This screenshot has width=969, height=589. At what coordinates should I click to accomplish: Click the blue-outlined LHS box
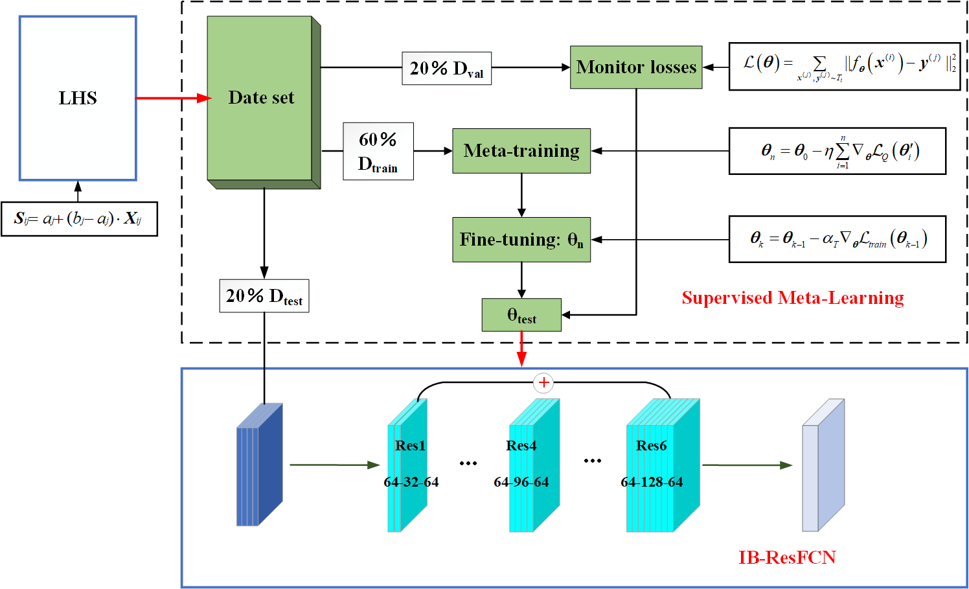(78, 98)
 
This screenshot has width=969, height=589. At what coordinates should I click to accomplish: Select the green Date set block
(260, 98)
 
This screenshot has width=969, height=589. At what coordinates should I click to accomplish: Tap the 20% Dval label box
(446, 68)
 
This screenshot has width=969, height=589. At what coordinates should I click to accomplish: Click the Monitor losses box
(636, 67)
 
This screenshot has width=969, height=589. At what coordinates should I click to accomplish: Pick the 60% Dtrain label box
(378, 151)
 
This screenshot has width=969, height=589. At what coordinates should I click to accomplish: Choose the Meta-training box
(521, 151)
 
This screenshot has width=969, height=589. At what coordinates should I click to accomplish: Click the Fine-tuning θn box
(521, 240)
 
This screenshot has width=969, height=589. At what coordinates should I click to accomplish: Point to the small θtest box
(521, 315)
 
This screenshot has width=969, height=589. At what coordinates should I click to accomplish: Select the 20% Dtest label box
(264, 296)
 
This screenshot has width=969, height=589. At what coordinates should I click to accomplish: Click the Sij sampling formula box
(79, 218)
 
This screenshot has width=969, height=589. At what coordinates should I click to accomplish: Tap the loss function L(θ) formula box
(844, 66)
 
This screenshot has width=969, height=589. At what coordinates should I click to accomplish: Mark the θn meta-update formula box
(837, 151)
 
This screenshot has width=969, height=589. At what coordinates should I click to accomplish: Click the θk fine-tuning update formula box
(837, 240)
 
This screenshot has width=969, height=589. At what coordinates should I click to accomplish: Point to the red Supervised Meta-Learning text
(792, 297)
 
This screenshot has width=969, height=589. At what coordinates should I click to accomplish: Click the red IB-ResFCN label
(787, 557)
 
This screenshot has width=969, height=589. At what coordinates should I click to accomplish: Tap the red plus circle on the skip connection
(543, 383)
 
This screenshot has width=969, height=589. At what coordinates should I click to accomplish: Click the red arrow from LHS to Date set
(172, 98)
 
